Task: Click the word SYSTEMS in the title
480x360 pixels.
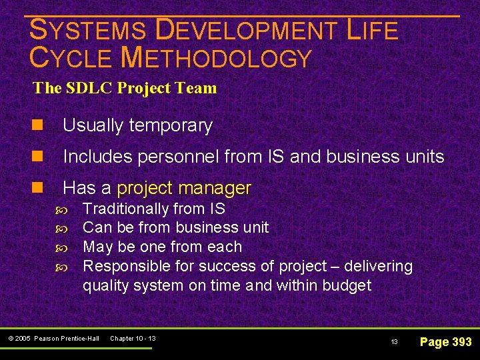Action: coord(88,31)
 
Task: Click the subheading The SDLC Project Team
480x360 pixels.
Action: coord(125,88)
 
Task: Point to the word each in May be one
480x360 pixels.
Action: coord(225,247)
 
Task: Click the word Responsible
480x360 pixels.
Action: coord(121,266)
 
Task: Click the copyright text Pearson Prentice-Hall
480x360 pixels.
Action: coord(65,339)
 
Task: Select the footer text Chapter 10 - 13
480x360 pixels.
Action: coord(132,339)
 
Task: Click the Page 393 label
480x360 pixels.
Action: coord(445,341)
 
